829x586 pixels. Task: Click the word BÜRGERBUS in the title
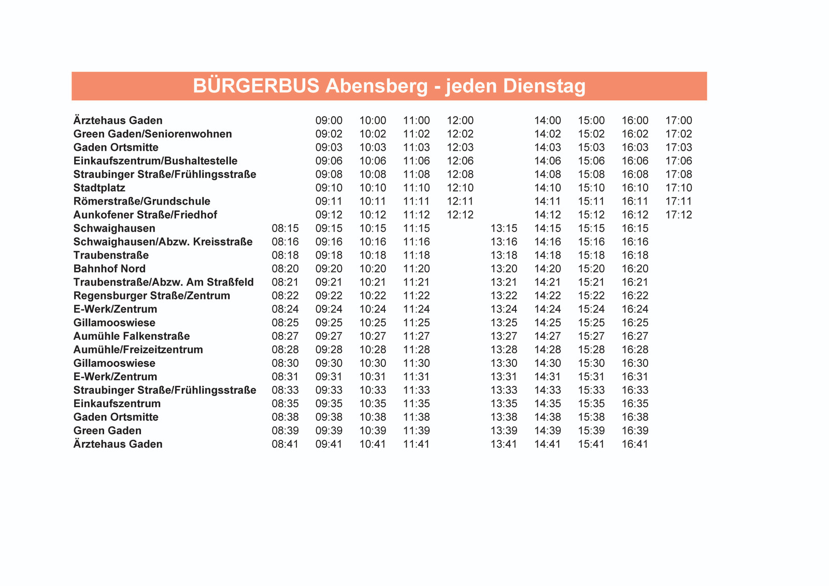point(256,86)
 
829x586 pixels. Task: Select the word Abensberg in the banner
point(377,86)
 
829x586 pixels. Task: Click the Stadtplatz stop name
point(99,188)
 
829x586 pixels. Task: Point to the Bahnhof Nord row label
point(109,268)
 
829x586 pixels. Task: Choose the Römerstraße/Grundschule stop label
point(142,201)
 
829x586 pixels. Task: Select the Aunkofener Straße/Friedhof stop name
point(145,215)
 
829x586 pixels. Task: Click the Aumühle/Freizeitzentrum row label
point(138,349)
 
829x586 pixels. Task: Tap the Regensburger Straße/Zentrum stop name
point(152,295)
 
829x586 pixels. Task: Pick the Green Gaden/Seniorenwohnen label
point(153,134)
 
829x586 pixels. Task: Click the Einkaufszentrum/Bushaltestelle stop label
point(155,161)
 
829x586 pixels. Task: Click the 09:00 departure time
point(329,120)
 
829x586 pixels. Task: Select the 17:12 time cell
point(679,215)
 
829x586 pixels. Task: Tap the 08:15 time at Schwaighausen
point(285,228)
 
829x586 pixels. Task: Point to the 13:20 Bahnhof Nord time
point(504,268)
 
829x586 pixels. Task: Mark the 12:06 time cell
point(460,161)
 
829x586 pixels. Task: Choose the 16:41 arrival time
point(635,444)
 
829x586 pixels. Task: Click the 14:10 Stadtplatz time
point(548,188)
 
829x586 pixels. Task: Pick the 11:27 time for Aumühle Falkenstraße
point(417,336)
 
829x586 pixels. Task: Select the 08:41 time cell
point(285,444)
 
